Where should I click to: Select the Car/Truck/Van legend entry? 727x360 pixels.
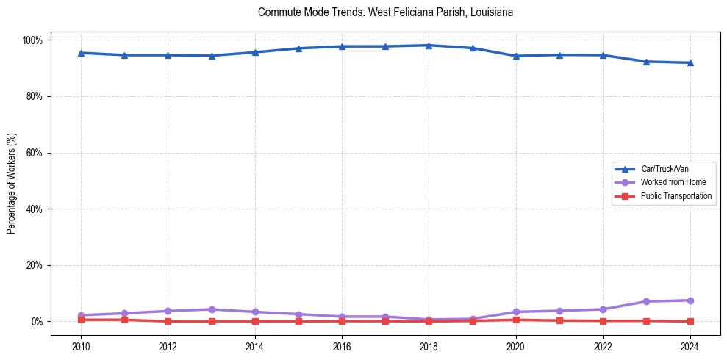665,169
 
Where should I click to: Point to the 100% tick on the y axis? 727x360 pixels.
35,40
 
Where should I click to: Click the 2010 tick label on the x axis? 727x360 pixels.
81,347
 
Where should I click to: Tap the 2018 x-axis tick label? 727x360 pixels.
429,347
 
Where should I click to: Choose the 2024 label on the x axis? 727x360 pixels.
690,347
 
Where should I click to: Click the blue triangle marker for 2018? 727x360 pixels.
429,46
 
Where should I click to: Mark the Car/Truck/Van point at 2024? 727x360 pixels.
690,62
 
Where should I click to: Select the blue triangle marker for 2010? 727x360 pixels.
81,53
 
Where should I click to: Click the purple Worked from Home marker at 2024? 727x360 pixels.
690,300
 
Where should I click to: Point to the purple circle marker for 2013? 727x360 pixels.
211,309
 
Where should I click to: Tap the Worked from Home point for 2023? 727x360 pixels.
646,301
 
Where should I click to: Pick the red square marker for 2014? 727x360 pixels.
254,321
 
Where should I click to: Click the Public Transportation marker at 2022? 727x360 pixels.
603,321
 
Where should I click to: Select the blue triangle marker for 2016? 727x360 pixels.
342,46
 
